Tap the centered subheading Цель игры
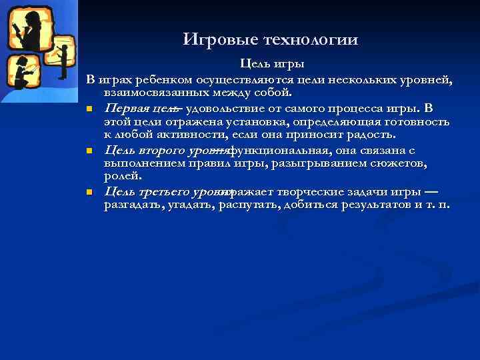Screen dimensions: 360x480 click(x=273, y=65)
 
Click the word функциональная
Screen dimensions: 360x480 click(x=275, y=151)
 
